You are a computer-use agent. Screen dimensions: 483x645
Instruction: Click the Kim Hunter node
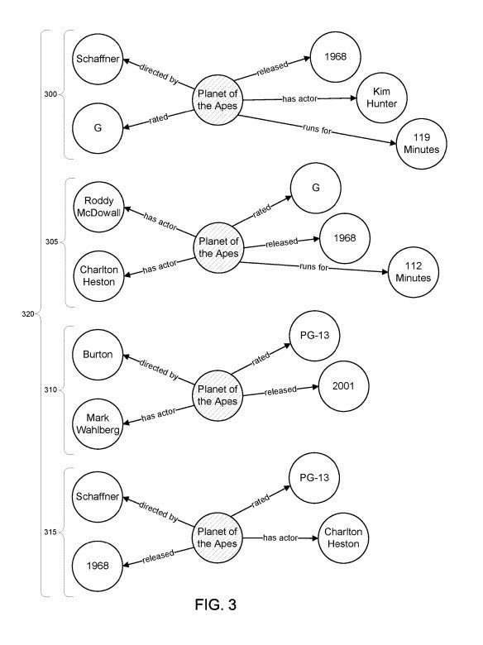click(x=382, y=98)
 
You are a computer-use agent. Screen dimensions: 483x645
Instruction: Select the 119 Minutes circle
click(x=421, y=144)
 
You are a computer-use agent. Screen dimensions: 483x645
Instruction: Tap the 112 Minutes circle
click(x=413, y=272)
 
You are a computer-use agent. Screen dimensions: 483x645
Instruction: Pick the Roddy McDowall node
click(x=98, y=207)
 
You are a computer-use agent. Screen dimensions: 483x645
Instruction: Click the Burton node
click(x=98, y=355)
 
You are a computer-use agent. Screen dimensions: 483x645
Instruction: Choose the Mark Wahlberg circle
click(x=98, y=423)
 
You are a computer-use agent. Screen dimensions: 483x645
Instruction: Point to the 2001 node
click(x=343, y=386)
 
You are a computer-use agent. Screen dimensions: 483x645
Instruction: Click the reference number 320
click(x=27, y=314)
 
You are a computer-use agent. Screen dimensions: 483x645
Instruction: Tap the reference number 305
click(x=51, y=241)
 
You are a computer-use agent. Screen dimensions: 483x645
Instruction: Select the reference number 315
click(x=50, y=533)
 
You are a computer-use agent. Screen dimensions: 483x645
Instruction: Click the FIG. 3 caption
click(x=216, y=604)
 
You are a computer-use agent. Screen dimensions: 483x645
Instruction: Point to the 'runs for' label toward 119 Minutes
click(x=318, y=130)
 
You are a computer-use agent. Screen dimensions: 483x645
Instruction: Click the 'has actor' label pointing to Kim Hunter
click(x=300, y=98)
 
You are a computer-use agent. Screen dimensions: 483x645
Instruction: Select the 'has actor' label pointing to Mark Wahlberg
click(x=159, y=414)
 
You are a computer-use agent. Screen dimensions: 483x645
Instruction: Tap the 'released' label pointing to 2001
click(x=280, y=390)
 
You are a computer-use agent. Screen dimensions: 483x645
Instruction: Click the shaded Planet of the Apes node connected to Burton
click(x=218, y=395)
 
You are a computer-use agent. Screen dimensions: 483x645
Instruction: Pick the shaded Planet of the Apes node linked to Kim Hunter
click(x=218, y=99)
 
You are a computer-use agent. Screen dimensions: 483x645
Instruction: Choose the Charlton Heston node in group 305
click(x=98, y=276)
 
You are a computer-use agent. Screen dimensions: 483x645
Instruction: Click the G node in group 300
click(x=98, y=128)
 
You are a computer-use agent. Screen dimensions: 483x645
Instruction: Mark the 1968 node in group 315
click(x=98, y=566)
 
